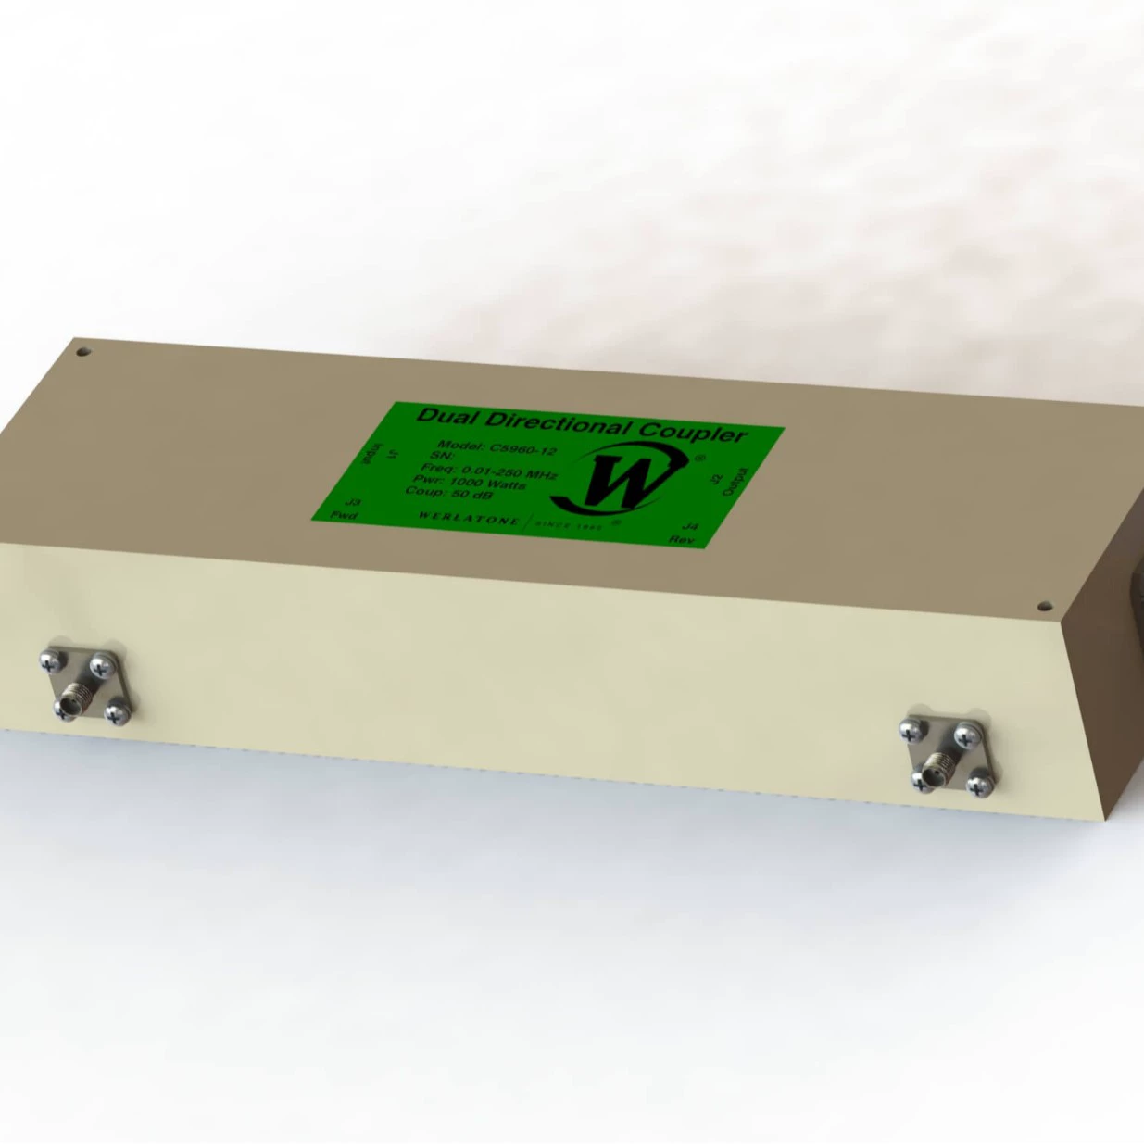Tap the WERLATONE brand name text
coord(469,518)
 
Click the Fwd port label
coord(345,515)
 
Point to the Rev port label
coord(682,537)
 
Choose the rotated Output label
coord(728,482)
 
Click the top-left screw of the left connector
coord(48,660)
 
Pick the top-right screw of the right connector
coord(965,734)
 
